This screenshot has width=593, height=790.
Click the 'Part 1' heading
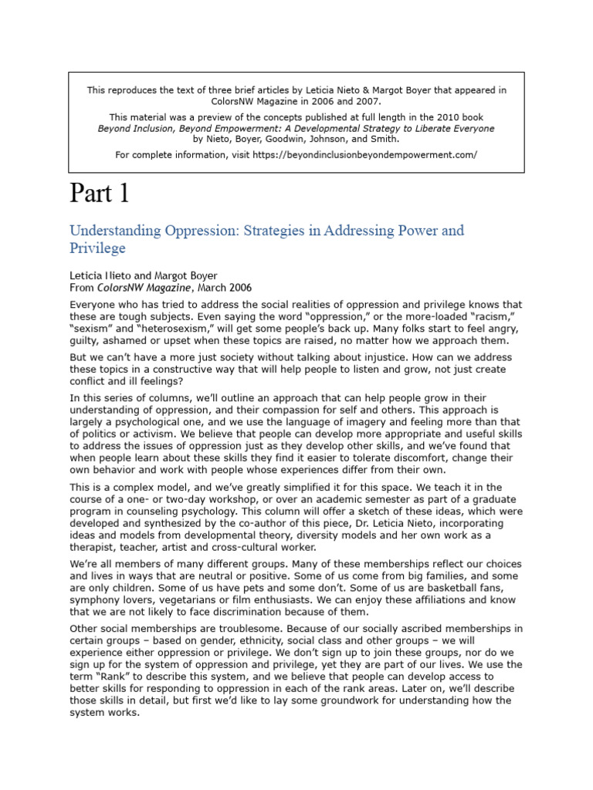click(x=100, y=193)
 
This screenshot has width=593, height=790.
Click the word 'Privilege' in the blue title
click(x=97, y=248)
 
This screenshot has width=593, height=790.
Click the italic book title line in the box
click(x=296, y=128)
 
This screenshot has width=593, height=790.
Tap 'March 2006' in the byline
click(x=225, y=287)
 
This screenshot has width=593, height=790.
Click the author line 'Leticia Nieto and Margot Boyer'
click(x=144, y=275)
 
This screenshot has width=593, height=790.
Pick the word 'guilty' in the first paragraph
click(x=85, y=342)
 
